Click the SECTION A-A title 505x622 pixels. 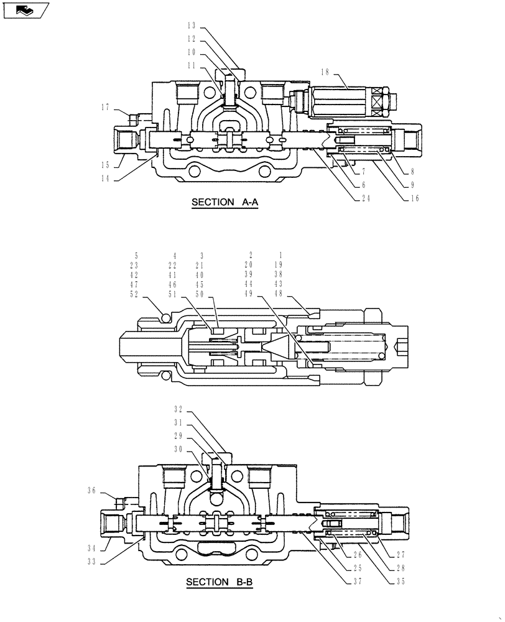pos(225,202)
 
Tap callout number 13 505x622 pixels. pos(190,26)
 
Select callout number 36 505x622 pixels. pos(91,490)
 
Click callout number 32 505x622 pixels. pos(178,409)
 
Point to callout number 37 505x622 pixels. pos(357,582)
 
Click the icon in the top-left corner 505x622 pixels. pos(25,10)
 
